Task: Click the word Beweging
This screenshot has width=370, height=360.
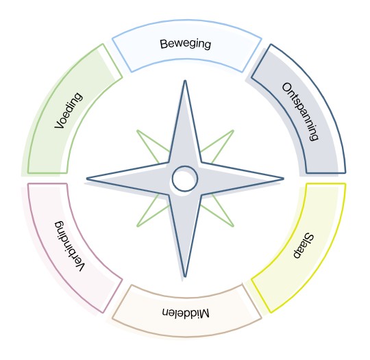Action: [186, 44]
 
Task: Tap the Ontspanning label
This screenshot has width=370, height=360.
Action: [301, 112]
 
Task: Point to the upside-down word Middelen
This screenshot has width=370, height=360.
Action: [186, 312]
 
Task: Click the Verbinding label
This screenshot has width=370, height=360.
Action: [69, 246]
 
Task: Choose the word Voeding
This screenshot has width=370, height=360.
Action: [69, 110]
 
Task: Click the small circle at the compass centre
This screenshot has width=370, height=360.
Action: [185, 179]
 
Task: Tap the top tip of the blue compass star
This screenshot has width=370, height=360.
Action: [185, 81]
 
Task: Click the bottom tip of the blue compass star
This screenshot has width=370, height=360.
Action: [185, 277]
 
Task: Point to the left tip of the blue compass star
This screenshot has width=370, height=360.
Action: [87, 179]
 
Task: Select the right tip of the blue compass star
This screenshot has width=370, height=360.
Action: [283, 179]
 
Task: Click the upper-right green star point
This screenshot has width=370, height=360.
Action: [233, 131]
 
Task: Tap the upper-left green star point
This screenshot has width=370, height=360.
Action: [137, 131]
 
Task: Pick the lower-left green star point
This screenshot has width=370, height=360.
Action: [137, 226]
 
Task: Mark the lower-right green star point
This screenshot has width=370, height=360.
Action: [233, 226]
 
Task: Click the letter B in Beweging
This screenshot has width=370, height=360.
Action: [164, 44]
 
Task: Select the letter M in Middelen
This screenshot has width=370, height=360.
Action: [205, 313]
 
